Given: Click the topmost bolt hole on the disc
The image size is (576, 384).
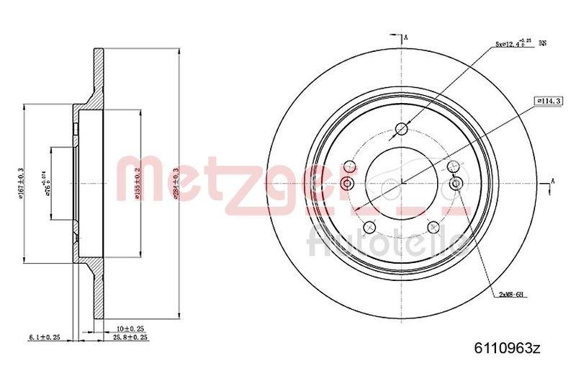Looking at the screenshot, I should click(x=402, y=130).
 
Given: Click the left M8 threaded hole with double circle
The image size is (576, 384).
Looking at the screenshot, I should click(x=348, y=183).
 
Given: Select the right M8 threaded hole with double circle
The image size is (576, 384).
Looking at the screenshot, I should click(x=455, y=183).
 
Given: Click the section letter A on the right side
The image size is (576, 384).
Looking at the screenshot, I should click(x=553, y=180).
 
